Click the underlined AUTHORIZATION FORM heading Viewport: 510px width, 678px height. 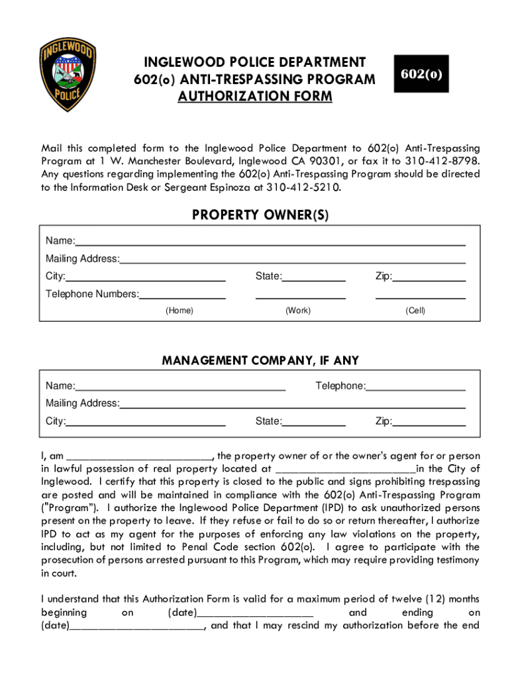(255, 97)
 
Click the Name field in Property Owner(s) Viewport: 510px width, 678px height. (270, 240)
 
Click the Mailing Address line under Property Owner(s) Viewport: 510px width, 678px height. (292, 258)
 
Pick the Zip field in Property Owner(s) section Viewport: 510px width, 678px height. (429, 276)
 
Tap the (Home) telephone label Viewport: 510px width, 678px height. (179, 311)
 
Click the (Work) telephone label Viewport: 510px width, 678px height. (298, 311)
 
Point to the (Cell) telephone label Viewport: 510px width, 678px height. (415, 311)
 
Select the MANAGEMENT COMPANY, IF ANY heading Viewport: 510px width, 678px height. (260, 361)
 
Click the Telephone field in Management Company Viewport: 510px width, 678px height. (415, 386)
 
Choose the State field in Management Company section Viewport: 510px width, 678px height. (313, 421)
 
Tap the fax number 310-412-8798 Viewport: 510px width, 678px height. (443, 161)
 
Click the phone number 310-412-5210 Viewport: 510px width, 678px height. (304, 187)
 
